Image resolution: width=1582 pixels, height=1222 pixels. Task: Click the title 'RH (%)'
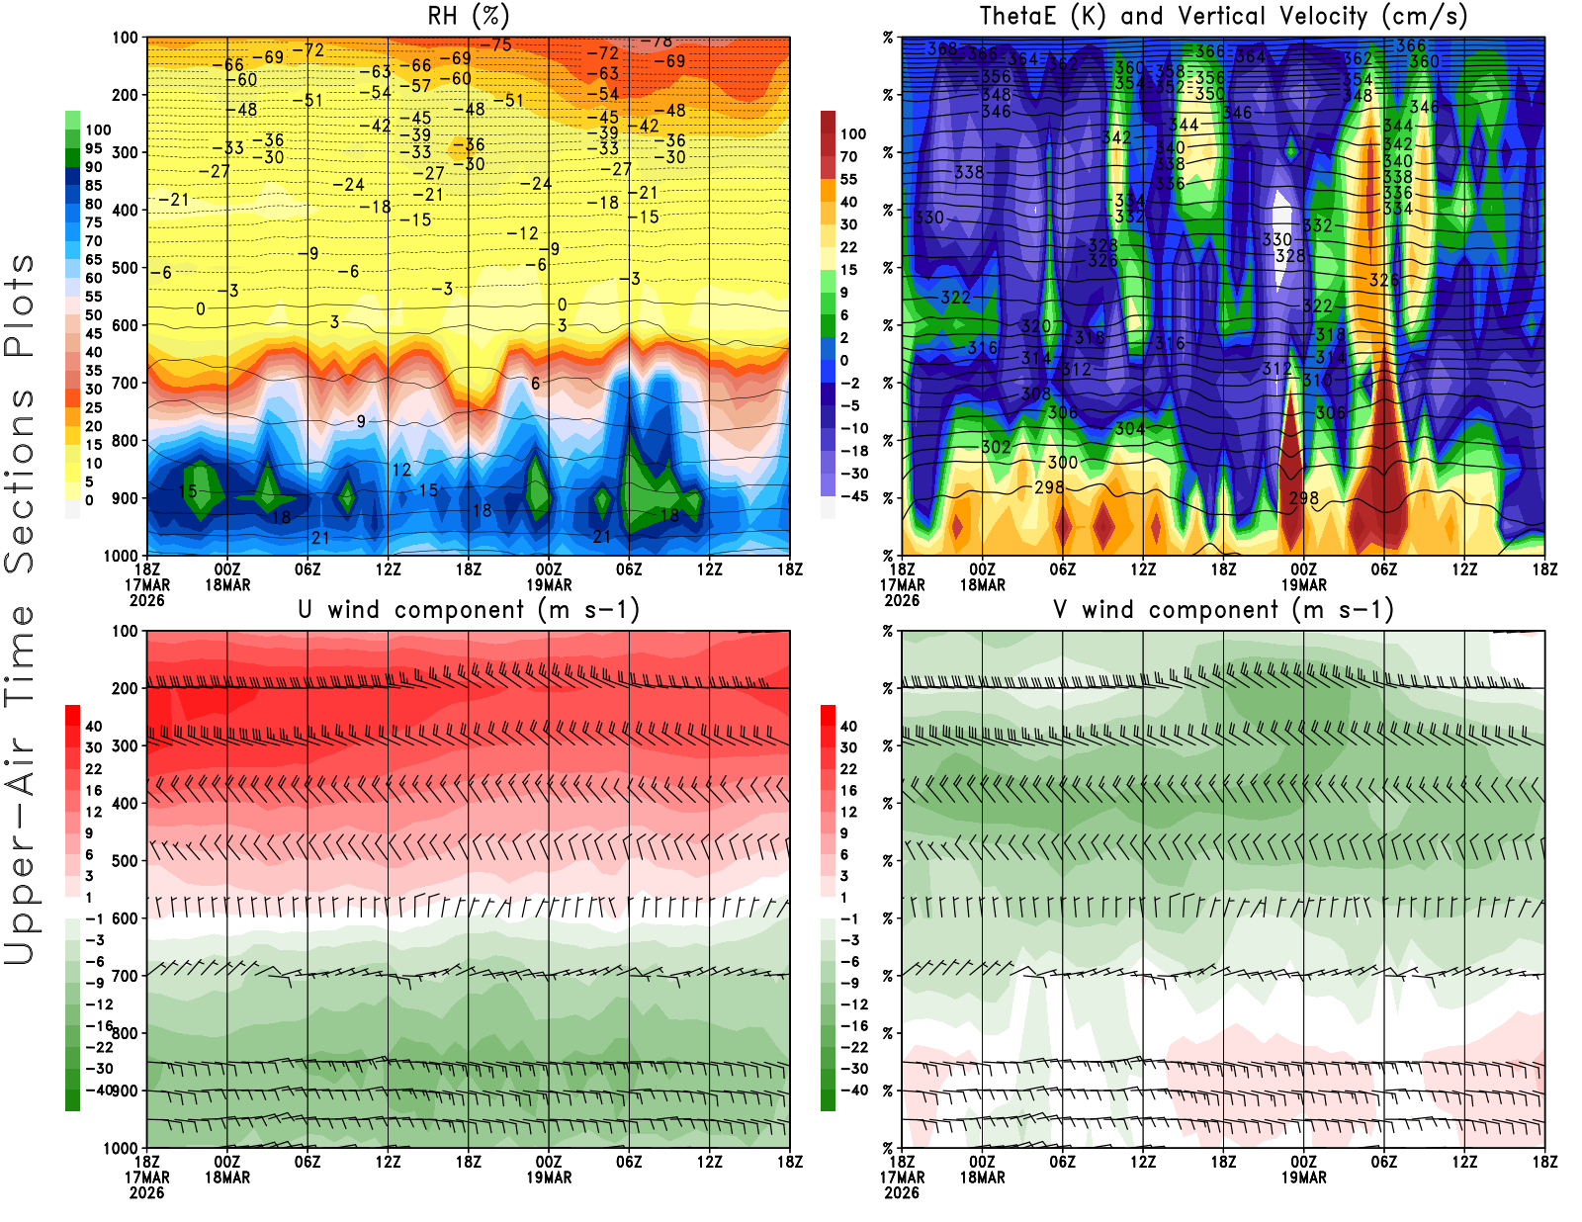[468, 16]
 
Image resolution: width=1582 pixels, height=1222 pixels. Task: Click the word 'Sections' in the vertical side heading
[20, 480]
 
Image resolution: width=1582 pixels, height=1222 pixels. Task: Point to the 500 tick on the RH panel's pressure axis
[126, 268]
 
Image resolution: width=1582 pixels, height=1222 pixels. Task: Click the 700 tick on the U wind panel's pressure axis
[126, 976]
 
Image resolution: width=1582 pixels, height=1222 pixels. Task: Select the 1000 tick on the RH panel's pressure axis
[122, 556]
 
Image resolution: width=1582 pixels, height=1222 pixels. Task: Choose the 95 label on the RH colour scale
[94, 148]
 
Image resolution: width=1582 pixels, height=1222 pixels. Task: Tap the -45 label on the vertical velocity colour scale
[853, 496]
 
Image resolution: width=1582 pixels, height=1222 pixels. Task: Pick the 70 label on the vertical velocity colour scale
[848, 156]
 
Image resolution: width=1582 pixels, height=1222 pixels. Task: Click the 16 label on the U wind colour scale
[94, 790]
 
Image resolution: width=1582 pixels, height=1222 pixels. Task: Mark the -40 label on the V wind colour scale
[853, 1091]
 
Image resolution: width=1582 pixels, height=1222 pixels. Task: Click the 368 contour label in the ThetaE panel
[942, 48]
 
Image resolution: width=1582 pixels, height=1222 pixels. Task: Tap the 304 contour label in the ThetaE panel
[1129, 428]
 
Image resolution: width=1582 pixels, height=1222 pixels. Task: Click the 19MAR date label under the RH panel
[549, 584]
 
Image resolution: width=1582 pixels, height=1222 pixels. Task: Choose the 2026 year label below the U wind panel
[147, 1192]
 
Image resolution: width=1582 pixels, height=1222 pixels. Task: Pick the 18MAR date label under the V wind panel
[982, 1178]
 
